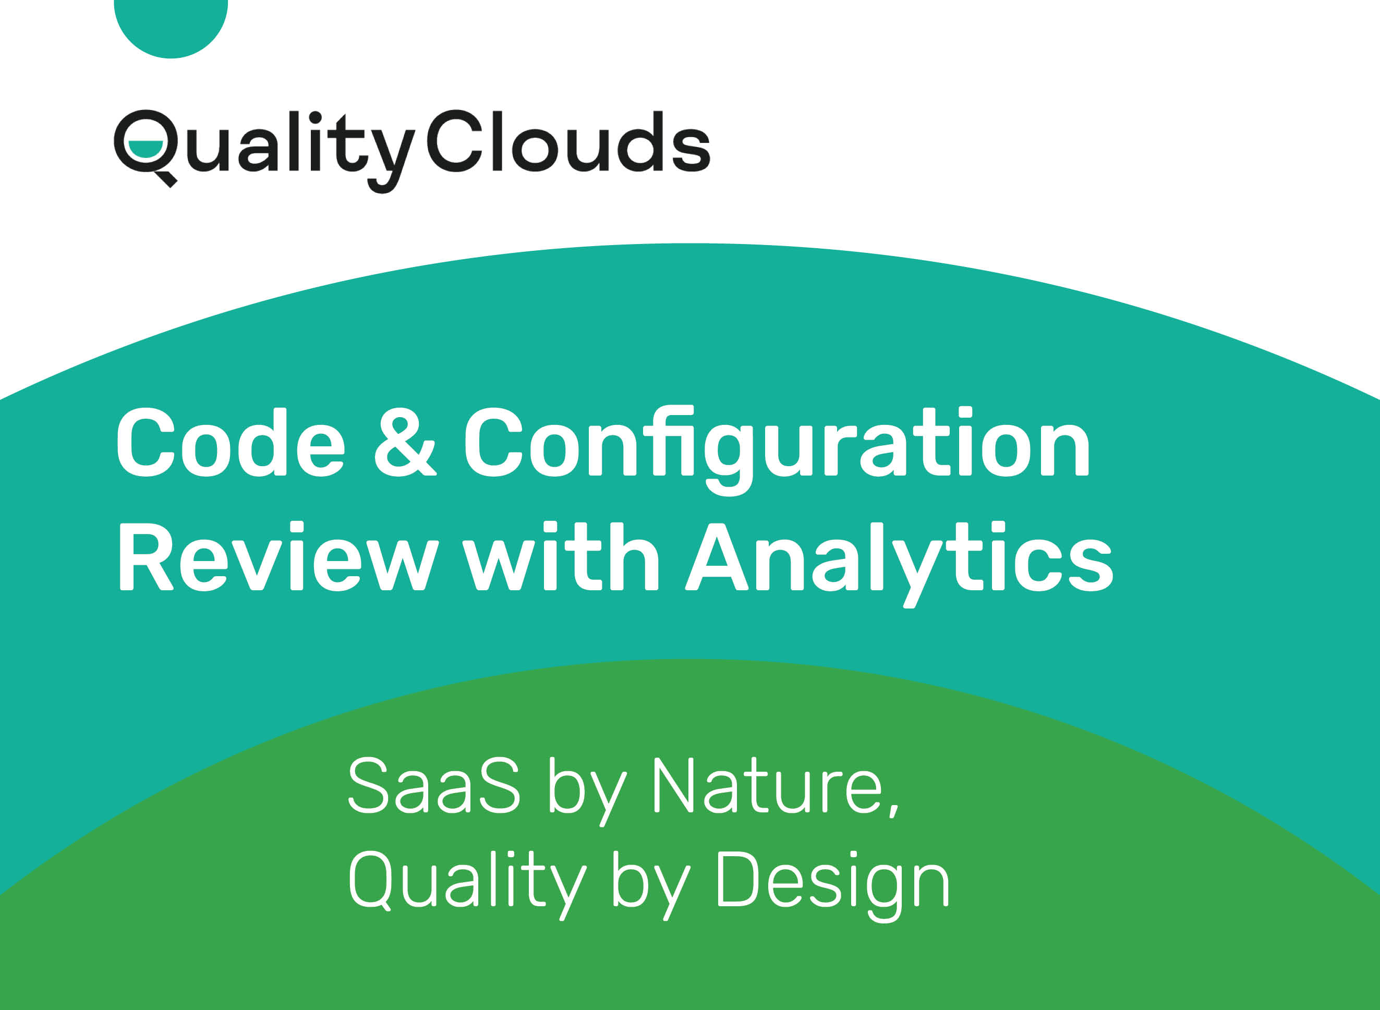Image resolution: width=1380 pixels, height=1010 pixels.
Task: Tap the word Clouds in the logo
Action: point(568,141)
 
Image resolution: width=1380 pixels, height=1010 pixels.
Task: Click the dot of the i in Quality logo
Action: point(315,118)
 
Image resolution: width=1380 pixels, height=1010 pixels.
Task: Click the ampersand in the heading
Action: point(405,443)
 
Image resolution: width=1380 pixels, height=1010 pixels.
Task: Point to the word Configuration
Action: point(777,451)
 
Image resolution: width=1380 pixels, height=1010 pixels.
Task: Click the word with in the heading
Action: point(560,556)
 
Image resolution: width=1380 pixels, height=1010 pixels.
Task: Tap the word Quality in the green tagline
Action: point(467,885)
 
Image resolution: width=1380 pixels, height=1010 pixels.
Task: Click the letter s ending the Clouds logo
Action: point(691,149)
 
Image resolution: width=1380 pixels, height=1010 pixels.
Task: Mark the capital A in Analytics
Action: point(717,557)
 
